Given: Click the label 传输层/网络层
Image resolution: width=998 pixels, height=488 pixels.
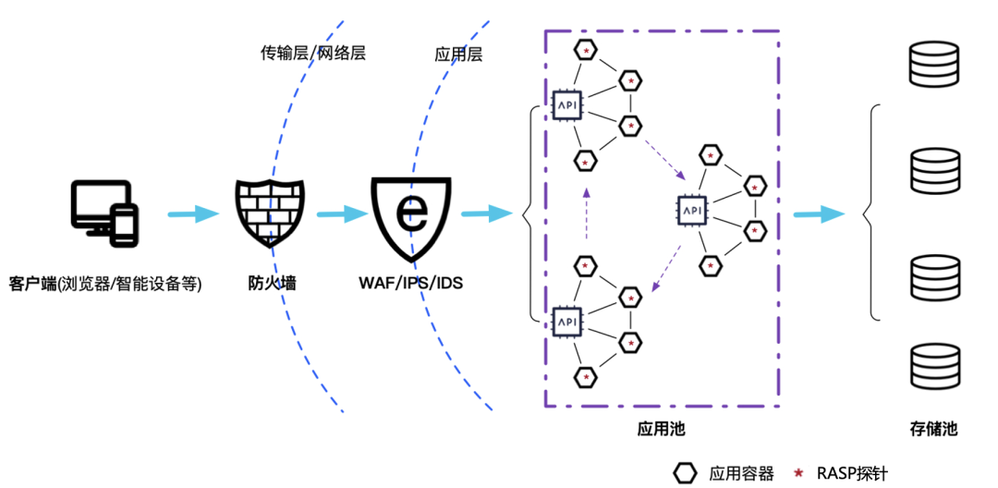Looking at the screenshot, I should point(313,53).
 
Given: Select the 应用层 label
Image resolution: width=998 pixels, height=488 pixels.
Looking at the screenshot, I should point(458,54).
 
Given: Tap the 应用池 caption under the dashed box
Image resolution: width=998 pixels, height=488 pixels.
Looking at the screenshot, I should point(662,429).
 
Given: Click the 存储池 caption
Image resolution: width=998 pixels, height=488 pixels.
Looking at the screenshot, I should point(933,429).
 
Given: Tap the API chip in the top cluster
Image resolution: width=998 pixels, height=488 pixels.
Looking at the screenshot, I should point(566,104).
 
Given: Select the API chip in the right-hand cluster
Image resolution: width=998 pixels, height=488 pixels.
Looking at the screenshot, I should point(693,211).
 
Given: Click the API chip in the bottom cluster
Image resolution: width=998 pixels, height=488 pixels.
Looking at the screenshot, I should point(566,321).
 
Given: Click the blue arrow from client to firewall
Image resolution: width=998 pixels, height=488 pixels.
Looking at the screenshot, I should point(193,214).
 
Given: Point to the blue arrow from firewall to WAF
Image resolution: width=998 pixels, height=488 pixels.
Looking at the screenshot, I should point(341,214).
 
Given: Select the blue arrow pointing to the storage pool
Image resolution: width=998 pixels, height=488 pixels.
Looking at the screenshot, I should point(819,214).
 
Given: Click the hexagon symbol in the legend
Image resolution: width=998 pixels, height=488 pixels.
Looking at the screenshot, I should point(685,473).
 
